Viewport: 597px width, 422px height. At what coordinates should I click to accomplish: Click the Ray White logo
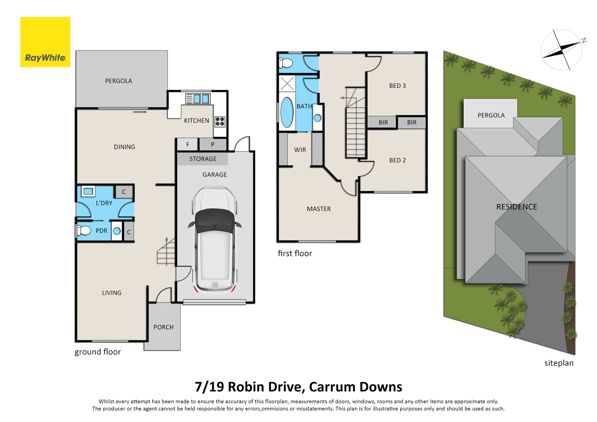pos(45,42)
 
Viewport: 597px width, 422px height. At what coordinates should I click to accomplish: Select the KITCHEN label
pos(196,121)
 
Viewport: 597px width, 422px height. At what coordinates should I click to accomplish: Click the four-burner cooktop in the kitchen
pos(220,122)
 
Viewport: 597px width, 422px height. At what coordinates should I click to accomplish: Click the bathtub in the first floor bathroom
pos(287,112)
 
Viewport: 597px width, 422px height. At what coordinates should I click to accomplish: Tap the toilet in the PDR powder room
pos(84,231)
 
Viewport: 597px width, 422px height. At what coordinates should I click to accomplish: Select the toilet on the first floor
pos(286,63)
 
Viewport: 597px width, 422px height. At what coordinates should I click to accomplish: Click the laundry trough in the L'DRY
pos(88,191)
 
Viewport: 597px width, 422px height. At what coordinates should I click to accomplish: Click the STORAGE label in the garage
pos(203,159)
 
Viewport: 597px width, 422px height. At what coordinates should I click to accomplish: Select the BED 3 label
pos(397,86)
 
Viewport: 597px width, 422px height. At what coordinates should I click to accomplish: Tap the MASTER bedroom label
pos(319,209)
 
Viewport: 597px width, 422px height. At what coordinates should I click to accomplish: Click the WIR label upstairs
pos(300,150)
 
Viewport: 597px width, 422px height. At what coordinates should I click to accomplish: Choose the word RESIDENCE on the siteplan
pos(516,207)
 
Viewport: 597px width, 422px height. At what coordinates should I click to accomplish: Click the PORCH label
pos(163,327)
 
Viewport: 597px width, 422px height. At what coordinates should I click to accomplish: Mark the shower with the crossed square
pos(287,84)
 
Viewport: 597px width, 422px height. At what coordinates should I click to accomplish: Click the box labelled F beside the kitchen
pos(188,145)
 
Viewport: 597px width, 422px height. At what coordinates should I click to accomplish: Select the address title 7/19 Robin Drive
pos(298,387)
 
